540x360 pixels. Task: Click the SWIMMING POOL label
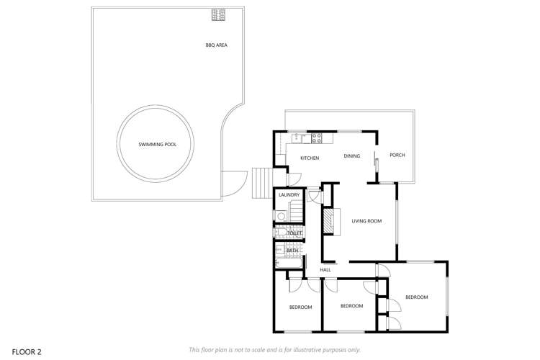[x=157, y=145]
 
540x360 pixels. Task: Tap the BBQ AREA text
[x=217, y=45]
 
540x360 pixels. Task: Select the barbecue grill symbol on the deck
[x=217, y=14]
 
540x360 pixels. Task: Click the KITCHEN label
[x=310, y=157]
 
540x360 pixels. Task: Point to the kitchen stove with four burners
[x=315, y=137]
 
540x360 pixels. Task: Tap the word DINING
[x=351, y=156]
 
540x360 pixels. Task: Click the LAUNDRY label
[x=288, y=194]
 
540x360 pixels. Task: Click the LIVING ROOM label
[x=366, y=221]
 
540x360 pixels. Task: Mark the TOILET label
[x=294, y=233]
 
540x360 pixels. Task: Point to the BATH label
[x=292, y=251]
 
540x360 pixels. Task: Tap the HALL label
[x=325, y=269]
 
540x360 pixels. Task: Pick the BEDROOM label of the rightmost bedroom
[x=416, y=297]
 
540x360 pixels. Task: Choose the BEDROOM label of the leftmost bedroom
[x=300, y=307]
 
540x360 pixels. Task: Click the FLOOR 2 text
[x=27, y=351]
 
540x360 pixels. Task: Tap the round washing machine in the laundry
[x=282, y=215]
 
